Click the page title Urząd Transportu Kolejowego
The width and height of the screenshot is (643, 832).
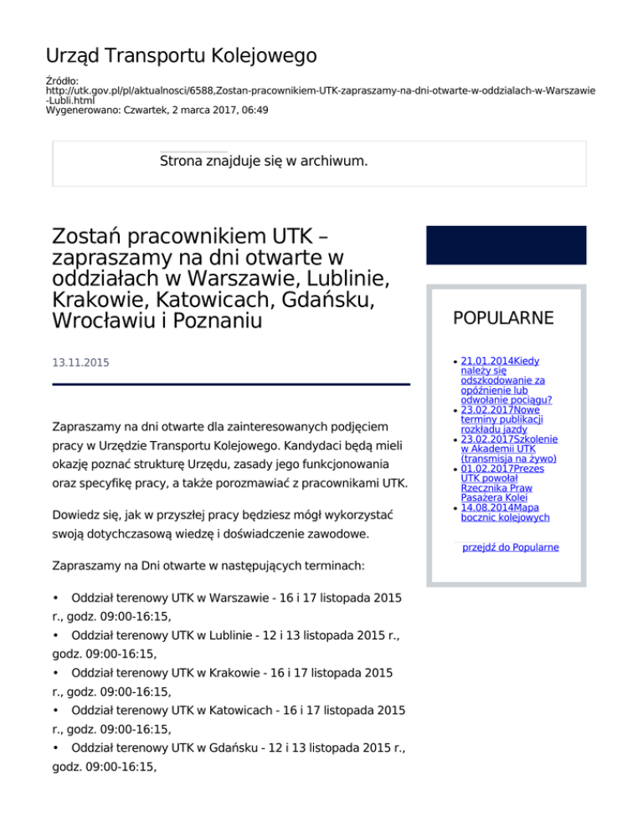[x=181, y=56]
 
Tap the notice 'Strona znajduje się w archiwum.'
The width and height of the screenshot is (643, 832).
[x=264, y=160]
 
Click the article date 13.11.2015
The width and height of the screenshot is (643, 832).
[x=80, y=363]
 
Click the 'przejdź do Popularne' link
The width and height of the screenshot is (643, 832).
[x=511, y=547]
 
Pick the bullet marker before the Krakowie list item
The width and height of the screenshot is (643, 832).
[x=56, y=673]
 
